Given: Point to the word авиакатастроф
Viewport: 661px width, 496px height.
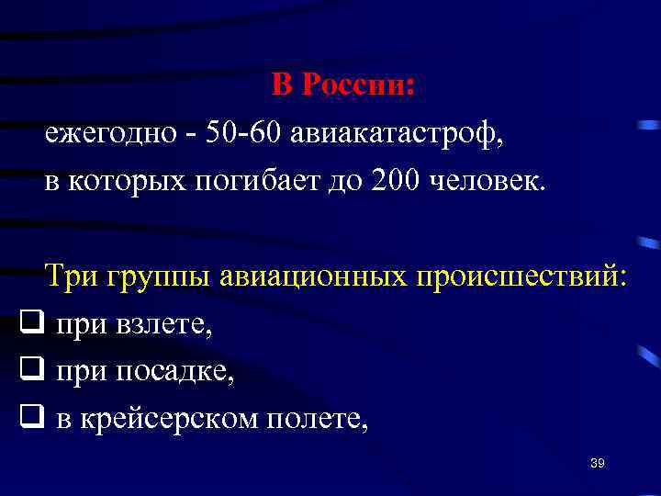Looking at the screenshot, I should coord(397,133).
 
